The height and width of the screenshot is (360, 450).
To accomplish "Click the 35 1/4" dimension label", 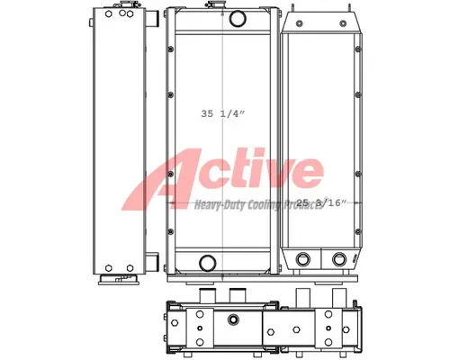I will [x=220, y=114].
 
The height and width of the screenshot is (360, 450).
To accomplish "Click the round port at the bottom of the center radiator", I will [x=208, y=263].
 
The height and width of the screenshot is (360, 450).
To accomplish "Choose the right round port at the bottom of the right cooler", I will [x=339, y=262].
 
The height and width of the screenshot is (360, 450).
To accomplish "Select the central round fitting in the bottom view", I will [x=234, y=320].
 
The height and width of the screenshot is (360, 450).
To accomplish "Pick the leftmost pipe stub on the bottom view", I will [x=204, y=296].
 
